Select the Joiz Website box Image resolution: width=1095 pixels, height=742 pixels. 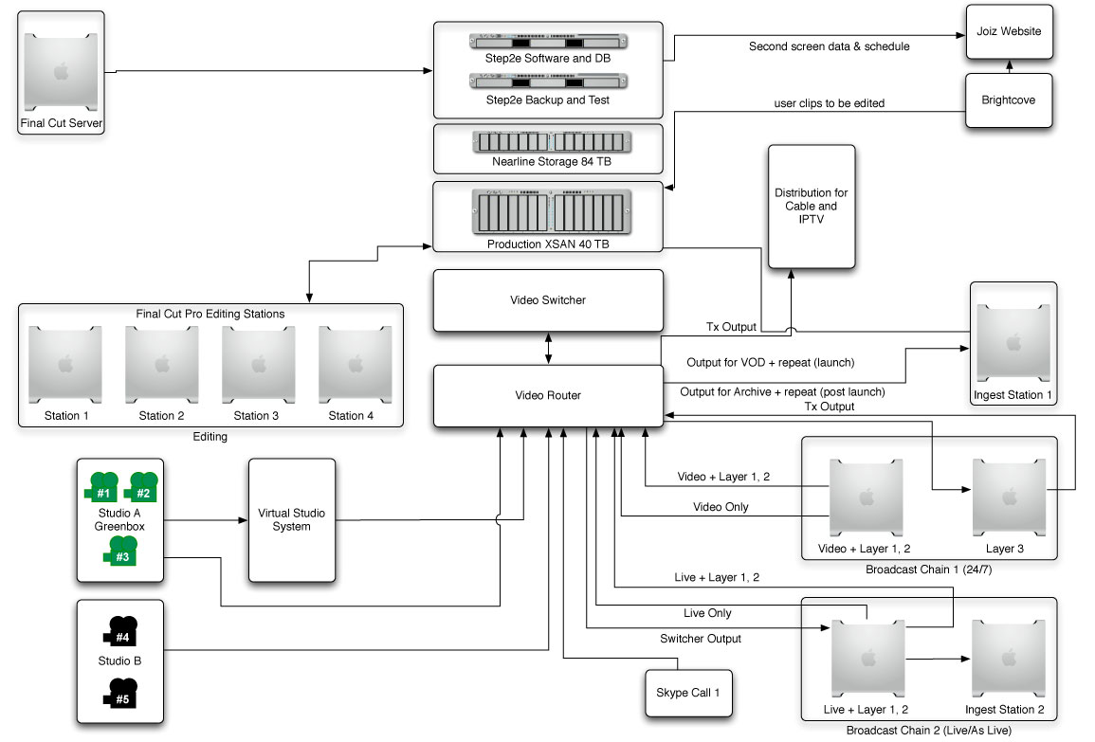(1009, 31)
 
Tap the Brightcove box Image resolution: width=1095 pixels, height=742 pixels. (1009, 100)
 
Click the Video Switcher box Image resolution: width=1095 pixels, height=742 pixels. (548, 300)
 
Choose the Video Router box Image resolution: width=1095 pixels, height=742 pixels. (548, 395)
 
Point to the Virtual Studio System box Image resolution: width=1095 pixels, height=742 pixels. (291, 519)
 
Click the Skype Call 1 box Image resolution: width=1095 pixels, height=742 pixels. (687, 694)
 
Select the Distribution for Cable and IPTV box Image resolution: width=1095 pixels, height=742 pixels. (811, 206)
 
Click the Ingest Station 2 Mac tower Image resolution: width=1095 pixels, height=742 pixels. (1008, 658)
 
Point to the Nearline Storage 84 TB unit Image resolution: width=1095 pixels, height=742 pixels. (551, 143)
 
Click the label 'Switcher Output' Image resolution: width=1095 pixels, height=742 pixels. (701, 639)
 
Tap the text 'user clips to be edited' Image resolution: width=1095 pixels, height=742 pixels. (830, 103)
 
